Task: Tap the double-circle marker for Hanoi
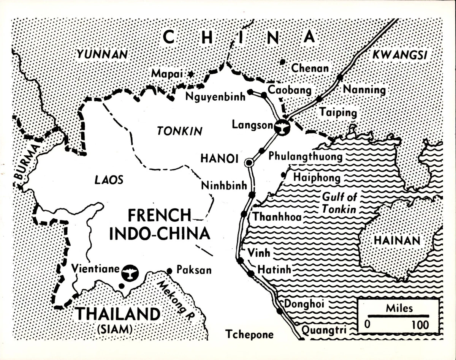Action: (x=249, y=163)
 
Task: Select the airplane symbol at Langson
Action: (x=282, y=127)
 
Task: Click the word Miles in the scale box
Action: (x=399, y=308)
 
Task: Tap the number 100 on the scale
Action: (x=420, y=325)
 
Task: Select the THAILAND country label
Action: (x=112, y=314)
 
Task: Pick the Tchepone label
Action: (x=249, y=334)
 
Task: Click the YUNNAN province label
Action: (x=102, y=55)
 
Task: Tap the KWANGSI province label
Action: (x=399, y=55)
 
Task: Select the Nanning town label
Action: (x=364, y=90)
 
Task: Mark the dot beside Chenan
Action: (x=282, y=62)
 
